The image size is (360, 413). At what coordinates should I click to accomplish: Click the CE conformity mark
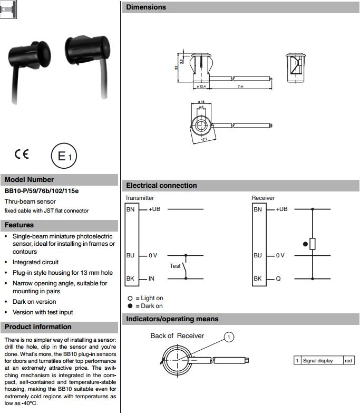pos(22,155)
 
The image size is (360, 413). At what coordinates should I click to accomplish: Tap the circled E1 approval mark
pos(64,156)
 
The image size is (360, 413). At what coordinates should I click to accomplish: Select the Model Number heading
pos(29,179)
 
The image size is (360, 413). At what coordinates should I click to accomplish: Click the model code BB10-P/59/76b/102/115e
pos(42,191)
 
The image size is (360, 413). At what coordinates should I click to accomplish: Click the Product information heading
pos(38,326)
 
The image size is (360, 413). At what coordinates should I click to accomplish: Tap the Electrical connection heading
pos(161,186)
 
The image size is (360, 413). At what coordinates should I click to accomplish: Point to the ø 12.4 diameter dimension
pos(200,86)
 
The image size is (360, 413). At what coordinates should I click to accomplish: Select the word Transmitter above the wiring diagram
pos(140,198)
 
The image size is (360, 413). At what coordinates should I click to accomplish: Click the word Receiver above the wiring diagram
pos(263,198)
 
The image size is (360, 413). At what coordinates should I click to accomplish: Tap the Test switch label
pos(175,266)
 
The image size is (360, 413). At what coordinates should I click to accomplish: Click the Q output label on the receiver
pos(277,278)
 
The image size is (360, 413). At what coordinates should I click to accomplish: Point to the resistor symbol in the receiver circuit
pos(313,244)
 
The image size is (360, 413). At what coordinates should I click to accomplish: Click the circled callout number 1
pos(228,337)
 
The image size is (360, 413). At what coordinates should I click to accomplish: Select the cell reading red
pos(348,361)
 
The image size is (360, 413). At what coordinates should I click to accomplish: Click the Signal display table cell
pos(317,361)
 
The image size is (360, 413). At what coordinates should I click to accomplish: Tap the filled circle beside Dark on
pos(130,306)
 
